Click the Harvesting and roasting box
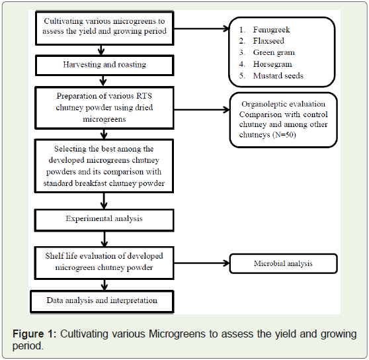104,66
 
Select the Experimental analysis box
104,220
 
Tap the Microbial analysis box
283,263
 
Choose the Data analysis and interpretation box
102,301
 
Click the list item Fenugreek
271,30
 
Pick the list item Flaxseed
268,41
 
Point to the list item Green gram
274,52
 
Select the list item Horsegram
272,64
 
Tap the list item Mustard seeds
278,75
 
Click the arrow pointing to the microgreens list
202,28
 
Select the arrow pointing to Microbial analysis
202,263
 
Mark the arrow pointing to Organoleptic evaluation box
202,109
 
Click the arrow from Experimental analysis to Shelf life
104,239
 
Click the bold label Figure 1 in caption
34,334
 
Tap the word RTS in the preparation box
144,96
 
